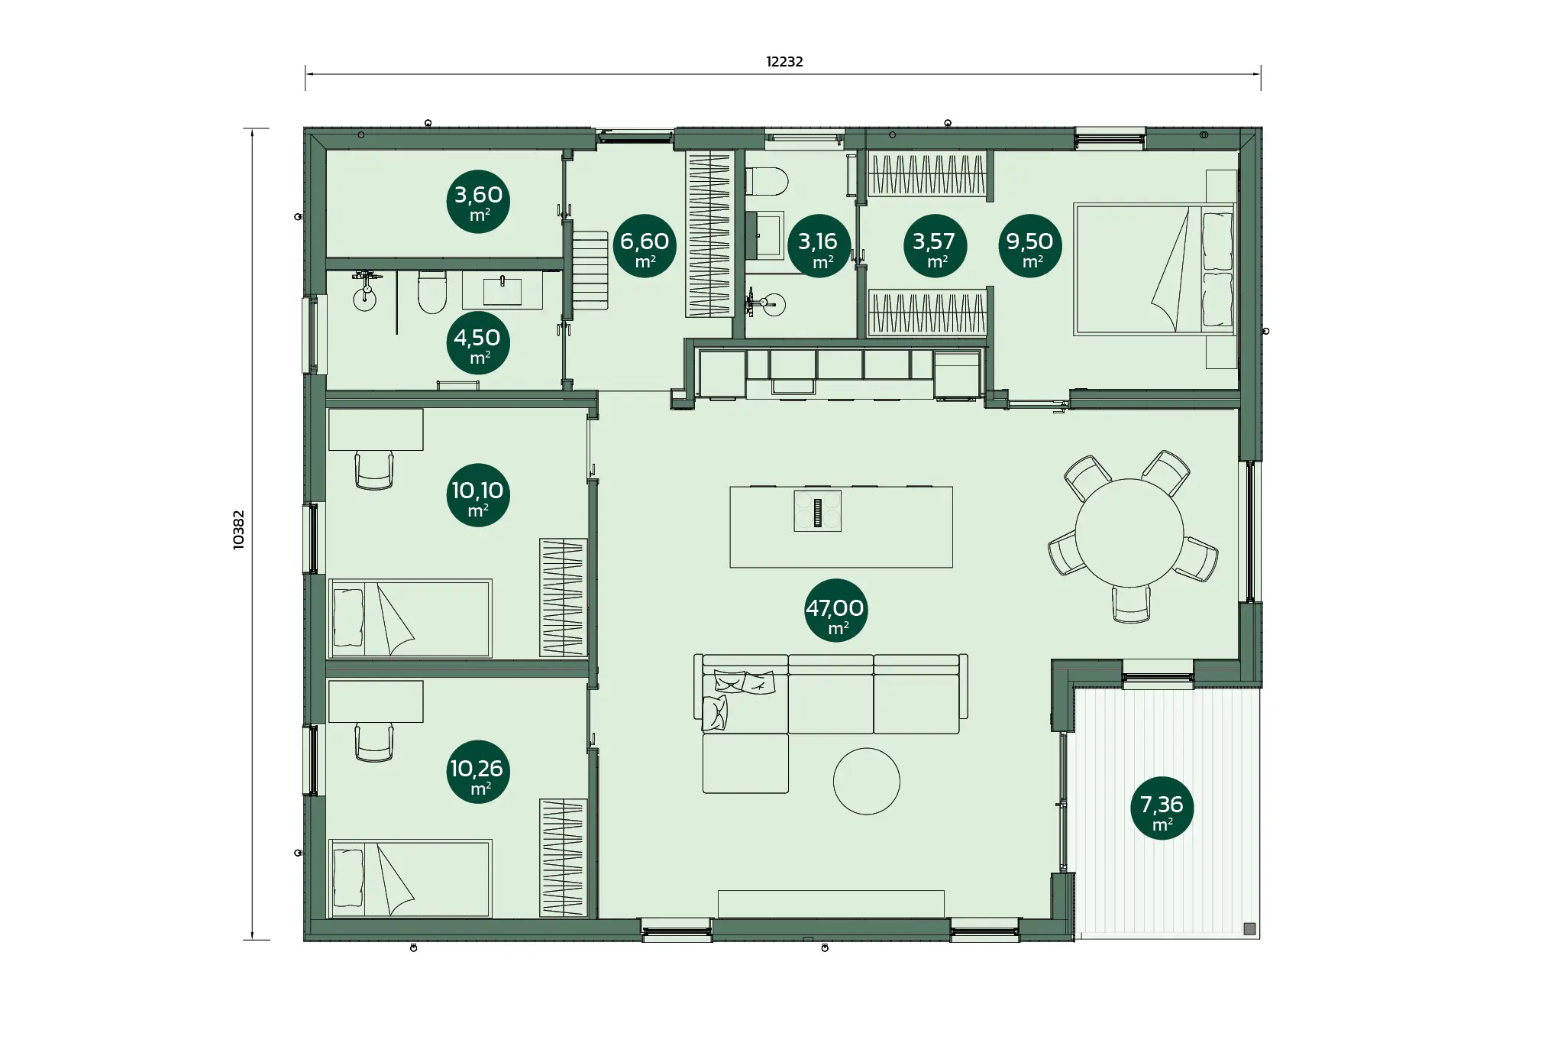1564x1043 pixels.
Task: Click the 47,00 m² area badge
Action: [835, 611]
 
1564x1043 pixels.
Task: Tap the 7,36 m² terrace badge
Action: [1162, 808]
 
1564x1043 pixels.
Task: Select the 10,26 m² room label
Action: [478, 772]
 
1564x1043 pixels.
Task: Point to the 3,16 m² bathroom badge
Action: [819, 245]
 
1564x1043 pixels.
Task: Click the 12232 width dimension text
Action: [784, 62]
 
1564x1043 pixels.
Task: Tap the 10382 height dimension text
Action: [239, 530]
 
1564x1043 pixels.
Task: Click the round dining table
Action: [1129, 533]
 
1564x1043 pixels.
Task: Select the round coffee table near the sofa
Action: [866, 781]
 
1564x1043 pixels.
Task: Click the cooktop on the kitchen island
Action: [817, 510]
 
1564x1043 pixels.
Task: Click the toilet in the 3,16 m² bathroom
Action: [766, 182]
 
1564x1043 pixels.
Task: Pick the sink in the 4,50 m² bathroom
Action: [502, 290]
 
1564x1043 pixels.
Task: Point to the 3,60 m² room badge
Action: [478, 202]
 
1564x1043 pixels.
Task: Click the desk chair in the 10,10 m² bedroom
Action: [374, 469]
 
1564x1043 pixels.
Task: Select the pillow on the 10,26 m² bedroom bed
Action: [348, 878]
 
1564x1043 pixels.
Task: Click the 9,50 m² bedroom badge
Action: [1029, 245]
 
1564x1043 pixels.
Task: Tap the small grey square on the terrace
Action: [1249, 928]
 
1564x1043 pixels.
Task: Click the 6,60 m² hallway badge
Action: [645, 245]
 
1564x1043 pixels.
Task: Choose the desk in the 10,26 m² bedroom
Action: [376, 701]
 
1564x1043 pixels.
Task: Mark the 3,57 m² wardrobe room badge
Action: [935, 245]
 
